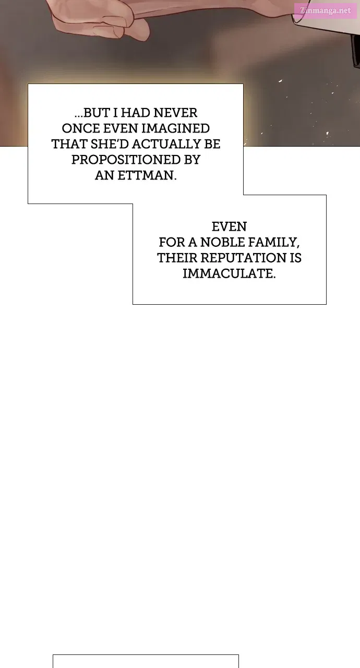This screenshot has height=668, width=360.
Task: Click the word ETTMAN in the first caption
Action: tap(147, 175)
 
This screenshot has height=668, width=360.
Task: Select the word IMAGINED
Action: tap(175, 128)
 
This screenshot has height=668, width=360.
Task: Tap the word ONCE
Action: tap(81, 128)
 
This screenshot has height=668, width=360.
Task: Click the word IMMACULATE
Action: tap(229, 273)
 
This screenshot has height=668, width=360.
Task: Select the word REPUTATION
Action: tap(243, 258)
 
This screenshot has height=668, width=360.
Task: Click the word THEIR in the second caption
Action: tap(177, 258)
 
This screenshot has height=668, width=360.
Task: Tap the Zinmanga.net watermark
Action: tap(326, 11)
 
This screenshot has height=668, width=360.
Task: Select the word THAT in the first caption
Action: tap(69, 144)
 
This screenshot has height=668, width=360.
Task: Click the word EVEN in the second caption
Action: tap(229, 227)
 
